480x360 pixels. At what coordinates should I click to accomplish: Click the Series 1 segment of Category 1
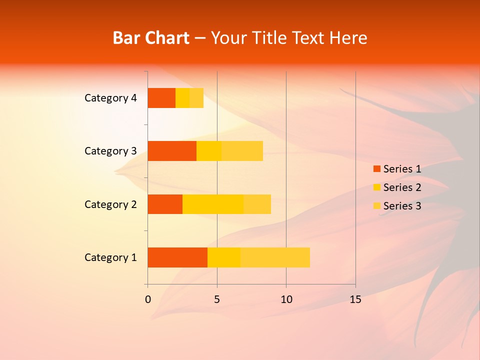tap(177, 257)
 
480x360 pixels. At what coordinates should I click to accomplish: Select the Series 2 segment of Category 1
tap(224, 257)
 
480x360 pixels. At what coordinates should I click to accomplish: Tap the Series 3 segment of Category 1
tap(275, 257)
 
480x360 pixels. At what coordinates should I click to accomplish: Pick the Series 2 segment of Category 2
tap(213, 204)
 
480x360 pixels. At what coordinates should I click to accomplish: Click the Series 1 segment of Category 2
tap(165, 204)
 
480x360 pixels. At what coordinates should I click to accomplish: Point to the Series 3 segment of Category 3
tap(242, 151)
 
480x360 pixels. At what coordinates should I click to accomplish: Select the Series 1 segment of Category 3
tap(172, 151)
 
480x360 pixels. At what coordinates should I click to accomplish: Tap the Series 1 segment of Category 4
tap(161, 98)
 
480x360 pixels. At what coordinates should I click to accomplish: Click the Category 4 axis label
tap(110, 98)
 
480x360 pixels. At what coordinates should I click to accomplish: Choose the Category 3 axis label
tap(110, 151)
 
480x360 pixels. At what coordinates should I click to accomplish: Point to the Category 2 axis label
tap(110, 204)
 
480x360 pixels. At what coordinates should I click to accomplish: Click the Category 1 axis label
tap(110, 257)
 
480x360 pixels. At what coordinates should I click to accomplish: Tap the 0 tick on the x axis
tap(148, 299)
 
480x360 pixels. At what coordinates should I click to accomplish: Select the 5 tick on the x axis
tap(217, 299)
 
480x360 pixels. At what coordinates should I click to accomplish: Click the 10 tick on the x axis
tap(286, 299)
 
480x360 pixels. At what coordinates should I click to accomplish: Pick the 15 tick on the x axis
tap(355, 299)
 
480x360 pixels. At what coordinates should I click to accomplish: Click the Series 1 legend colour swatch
tap(376, 169)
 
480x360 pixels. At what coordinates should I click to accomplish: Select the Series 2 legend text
tap(402, 187)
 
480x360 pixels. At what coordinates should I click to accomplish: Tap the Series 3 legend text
tap(402, 206)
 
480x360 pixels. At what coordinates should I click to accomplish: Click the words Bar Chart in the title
tap(151, 38)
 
